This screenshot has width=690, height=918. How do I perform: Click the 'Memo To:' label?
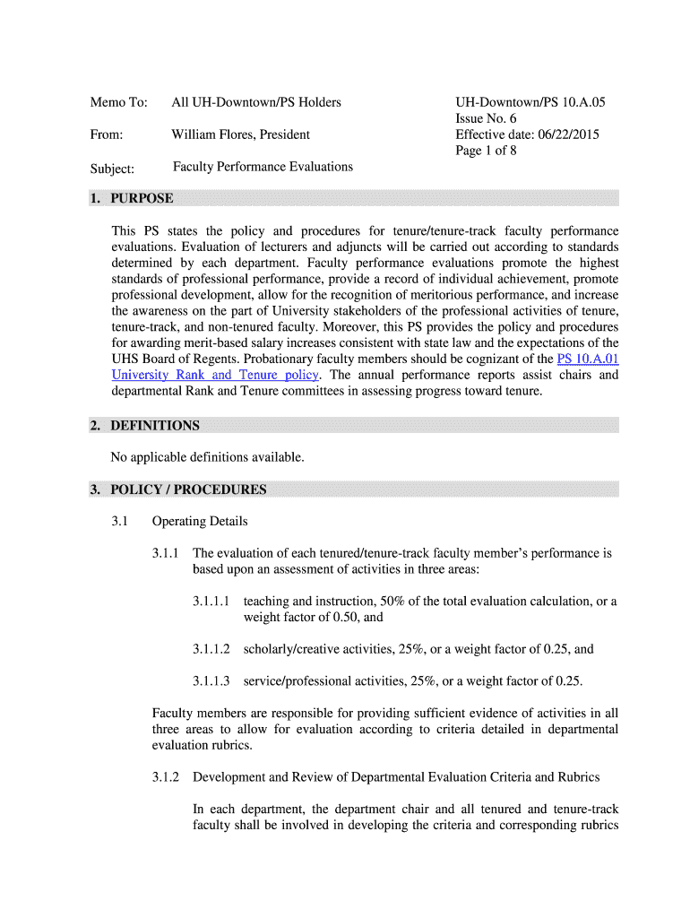pyautogui.click(x=118, y=102)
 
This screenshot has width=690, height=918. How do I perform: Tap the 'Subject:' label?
pyautogui.click(x=112, y=169)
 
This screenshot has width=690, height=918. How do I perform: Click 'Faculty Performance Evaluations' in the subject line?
pyautogui.click(x=263, y=167)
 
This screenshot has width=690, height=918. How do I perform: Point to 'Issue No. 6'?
pyautogui.click(x=486, y=118)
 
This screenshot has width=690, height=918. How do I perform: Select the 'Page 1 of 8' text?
pyautogui.click(x=486, y=151)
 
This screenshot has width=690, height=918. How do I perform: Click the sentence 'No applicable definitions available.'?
pyautogui.click(x=207, y=457)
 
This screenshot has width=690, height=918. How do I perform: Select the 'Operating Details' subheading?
pyautogui.click(x=200, y=521)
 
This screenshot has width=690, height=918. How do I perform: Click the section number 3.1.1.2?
pyautogui.click(x=211, y=649)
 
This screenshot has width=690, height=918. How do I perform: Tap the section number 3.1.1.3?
pyautogui.click(x=211, y=681)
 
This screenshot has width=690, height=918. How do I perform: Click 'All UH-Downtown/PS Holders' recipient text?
pyautogui.click(x=256, y=102)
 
